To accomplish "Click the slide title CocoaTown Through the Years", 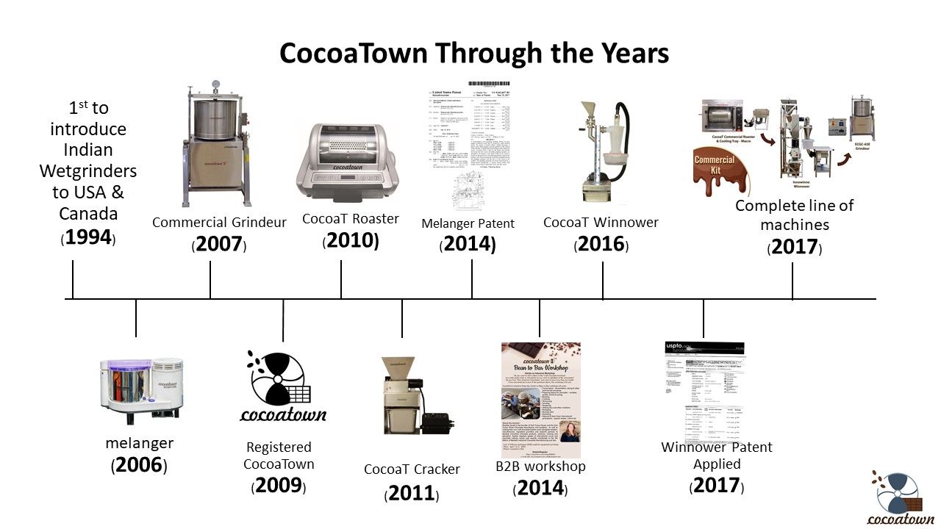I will (x=474, y=54).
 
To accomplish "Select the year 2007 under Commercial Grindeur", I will (x=219, y=244).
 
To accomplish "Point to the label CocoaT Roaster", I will (x=351, y=218).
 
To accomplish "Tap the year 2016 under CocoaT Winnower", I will (x=601, y=244).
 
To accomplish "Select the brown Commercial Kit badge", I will (x=715, y=165).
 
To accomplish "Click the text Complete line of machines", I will (x=794, y=215).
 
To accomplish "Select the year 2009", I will (x=279, y=485).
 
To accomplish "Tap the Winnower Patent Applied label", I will (x=716, y=456).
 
